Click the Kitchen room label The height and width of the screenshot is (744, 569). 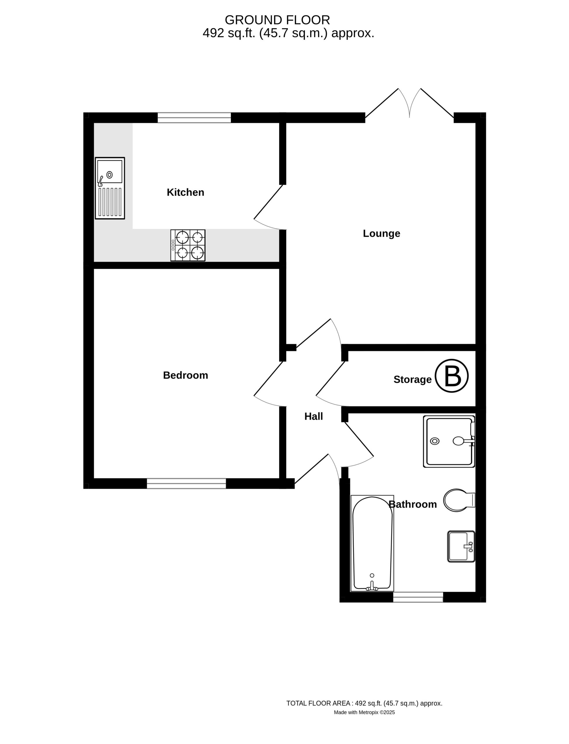185,192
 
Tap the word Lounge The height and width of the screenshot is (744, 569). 381,233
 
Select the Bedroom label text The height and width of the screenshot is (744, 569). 185,375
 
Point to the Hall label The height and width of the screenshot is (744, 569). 314,416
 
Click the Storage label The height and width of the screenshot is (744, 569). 412,380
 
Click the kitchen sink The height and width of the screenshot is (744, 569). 110,188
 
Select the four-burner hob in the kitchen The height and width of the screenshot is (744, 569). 188,245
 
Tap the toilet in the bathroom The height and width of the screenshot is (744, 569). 459,500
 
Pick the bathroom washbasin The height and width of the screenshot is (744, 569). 461,546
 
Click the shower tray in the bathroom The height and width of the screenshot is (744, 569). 449,441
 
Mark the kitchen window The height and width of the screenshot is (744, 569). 194,118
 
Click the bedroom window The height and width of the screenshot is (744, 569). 186,484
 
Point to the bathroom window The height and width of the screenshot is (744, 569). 418,597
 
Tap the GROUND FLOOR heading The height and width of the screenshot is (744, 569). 277,20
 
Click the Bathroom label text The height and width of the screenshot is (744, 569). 412,505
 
